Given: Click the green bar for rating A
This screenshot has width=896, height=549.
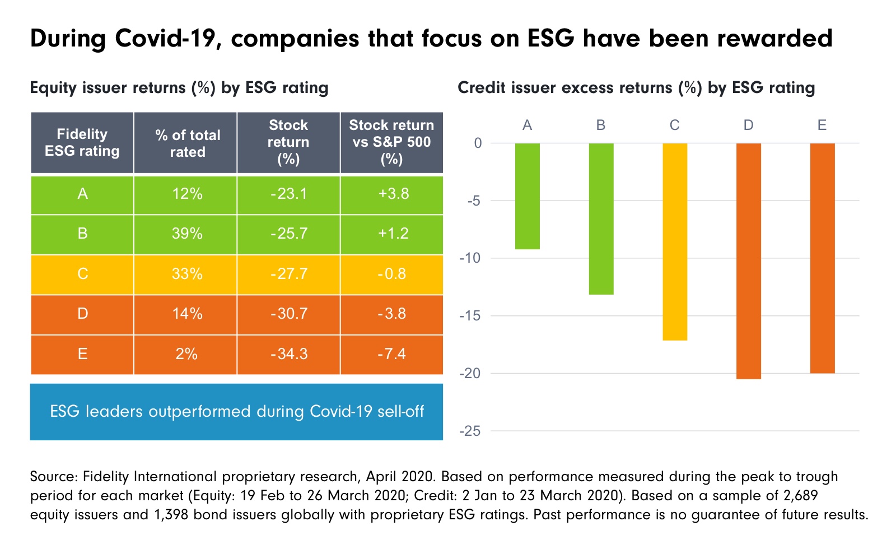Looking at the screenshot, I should click(x=527, y=196).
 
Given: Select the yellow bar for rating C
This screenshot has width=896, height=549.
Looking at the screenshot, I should click(x=674, y=241).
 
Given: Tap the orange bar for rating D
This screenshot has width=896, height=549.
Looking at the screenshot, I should click(x=748, y=261).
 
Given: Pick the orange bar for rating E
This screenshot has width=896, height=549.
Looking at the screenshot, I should click(x=822, y=258).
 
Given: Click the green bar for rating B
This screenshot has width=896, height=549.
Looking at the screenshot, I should click(x=601, y=218).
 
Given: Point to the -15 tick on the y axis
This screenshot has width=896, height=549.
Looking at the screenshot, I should click(x=470, y=316).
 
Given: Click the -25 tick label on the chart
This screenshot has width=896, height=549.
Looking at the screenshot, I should click(x=470, y=431).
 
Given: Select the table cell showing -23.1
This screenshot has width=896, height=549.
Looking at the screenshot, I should click(x=288, y=194).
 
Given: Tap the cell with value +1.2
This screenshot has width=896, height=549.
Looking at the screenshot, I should click(x=392, y=234).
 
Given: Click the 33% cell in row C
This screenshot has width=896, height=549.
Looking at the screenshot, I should click(x=186, y=274).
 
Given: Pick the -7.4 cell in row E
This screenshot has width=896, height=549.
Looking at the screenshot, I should click(x=391, y=355).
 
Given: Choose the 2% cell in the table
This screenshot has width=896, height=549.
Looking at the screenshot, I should click(x=186, y=355).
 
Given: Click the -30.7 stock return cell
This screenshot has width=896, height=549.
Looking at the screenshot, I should click(x=288, y=314).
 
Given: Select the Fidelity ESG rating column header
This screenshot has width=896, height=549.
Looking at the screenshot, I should click(x=82, y=143).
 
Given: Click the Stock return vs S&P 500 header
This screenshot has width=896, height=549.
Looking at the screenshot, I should click(x=391, y=143).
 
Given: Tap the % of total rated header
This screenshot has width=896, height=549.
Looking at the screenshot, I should click(x=186, y=143).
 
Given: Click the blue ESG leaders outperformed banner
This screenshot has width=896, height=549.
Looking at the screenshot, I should click(x=236, y=412).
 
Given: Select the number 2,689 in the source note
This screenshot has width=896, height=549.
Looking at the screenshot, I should click(x=796, y=496).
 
